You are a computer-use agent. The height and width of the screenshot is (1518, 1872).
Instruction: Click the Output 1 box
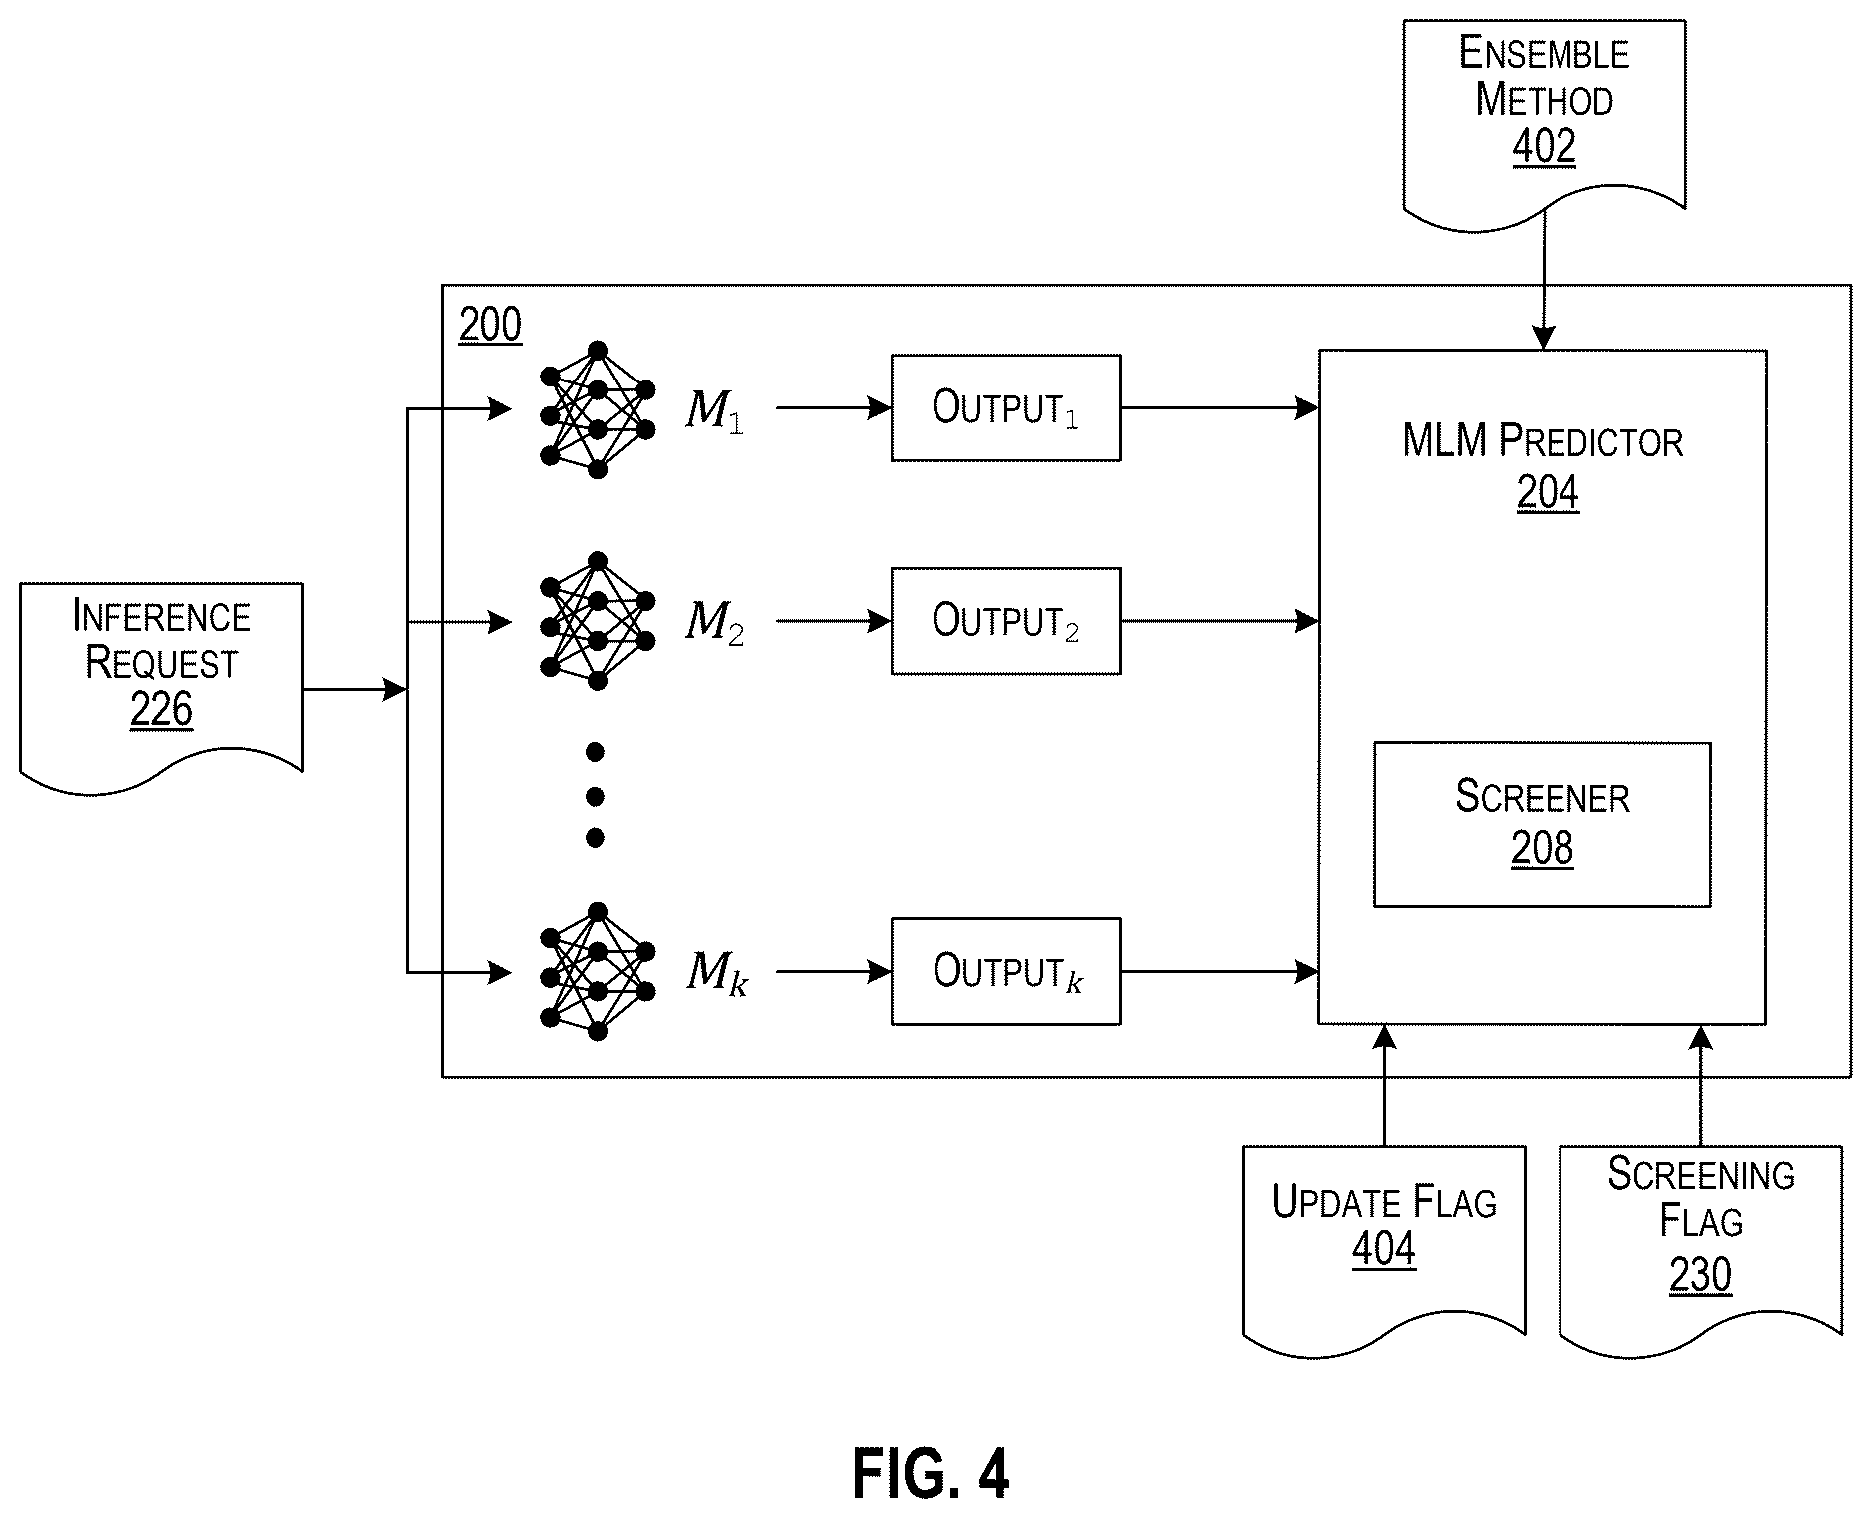pos(1005,407)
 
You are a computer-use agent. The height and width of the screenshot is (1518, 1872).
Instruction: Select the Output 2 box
pos(1005,621)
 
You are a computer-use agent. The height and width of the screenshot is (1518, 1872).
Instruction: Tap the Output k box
pos(1005,971)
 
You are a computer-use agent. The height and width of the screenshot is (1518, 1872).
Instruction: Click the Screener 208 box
pos(1542,824)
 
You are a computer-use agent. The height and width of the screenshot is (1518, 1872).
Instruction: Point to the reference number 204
pos(1548,493)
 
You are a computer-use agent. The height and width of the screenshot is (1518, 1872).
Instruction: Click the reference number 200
pos(490,326)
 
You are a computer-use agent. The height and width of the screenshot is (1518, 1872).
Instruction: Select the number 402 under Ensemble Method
pos(1544,147)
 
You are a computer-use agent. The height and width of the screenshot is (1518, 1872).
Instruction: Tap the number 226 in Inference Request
pos(161,710)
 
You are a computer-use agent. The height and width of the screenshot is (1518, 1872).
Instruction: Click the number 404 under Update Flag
pos(1383,1248)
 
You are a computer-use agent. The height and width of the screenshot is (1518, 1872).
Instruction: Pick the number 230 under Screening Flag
pos(1700,1275)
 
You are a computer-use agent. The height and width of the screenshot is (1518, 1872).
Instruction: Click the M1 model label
pos(714,410)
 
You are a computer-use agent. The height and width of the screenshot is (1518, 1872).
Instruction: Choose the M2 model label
pos(714,622)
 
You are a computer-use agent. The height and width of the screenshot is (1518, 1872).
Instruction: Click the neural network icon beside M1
pos(597,409)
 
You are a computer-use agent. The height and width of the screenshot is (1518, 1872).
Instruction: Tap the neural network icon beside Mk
pos(597,971)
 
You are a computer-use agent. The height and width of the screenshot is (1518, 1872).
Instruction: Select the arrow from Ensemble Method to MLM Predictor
pos(1544,281)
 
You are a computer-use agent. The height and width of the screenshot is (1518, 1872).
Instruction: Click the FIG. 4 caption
pos(931,1474)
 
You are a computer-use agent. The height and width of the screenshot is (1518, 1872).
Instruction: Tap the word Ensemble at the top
pos(1544,53)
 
